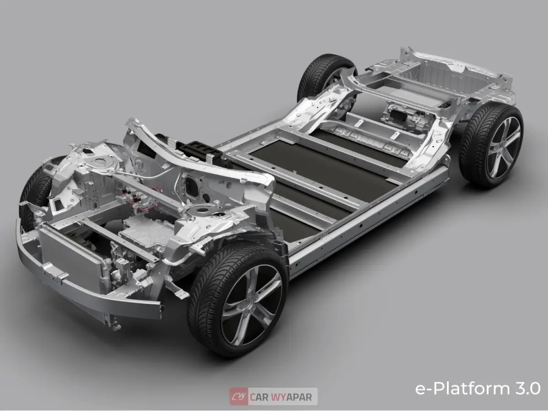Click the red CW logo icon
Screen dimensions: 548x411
click(239, 396)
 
